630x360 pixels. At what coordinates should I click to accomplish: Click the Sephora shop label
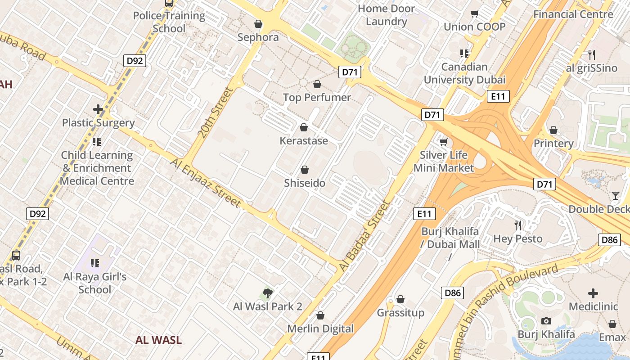click(x=258, y=37)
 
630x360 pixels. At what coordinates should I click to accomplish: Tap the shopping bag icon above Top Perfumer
click(x=317, y=84)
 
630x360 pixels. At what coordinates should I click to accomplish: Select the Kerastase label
click(x=304, y=141)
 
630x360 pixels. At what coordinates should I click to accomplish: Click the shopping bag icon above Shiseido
click(x=305, y=170)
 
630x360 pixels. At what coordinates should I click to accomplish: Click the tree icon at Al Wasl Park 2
click(x=267, y=294)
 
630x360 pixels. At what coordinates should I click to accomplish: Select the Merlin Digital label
click(x=320, y=329)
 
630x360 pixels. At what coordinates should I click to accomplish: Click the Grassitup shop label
click(x=400, y=313)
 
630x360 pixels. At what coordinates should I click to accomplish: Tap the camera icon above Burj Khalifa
click(x=546, y=321)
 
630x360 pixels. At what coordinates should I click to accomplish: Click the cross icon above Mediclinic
click(x=593, y=294)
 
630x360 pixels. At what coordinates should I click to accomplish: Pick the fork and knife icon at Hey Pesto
click(x=518, y=225)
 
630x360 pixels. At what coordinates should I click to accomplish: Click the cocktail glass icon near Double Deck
click(x=616, y=196)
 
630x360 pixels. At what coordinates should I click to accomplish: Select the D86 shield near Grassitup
click(x=452, y=293)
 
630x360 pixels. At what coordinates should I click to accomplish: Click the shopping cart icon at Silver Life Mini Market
click(x=444, y=142)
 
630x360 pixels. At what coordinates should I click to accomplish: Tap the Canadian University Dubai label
click(x=464, y=73)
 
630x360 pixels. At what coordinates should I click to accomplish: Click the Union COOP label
click(x=474, y=27)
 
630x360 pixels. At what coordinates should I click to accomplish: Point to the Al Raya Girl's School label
click(x=95, y=283)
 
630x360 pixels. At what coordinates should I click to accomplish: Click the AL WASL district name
click(x=158, y=340)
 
